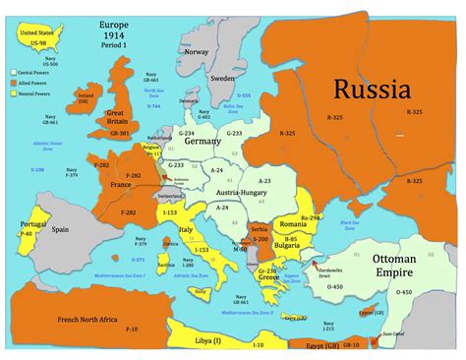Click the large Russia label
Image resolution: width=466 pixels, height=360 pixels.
point(372,90)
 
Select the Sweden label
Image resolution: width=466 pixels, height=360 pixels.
point(222,76)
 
